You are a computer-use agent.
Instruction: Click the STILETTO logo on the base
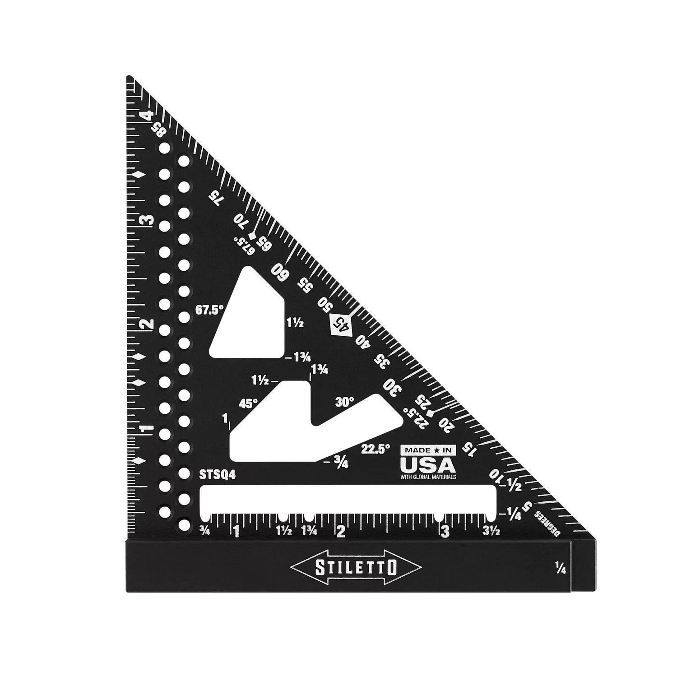pyautogui.click(x=357, y=567)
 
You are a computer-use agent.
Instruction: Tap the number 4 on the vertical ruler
pyautogui.click(x=146, y=116)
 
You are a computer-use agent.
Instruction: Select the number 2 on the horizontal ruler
pyautogui.click(x=341, y=532)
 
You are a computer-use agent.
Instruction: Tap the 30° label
pyautogui.click(x=344, y=402)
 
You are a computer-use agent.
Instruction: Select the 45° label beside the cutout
pyautogui.click(x=248, y=403)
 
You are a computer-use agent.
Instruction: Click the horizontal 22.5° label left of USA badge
pyautogui.click(x=375, y=449)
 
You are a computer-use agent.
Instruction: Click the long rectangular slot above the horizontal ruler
pyautogui.click(x=348, y=499)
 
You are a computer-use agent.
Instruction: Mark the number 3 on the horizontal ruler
pyautogui.click(x=446, y=532)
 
